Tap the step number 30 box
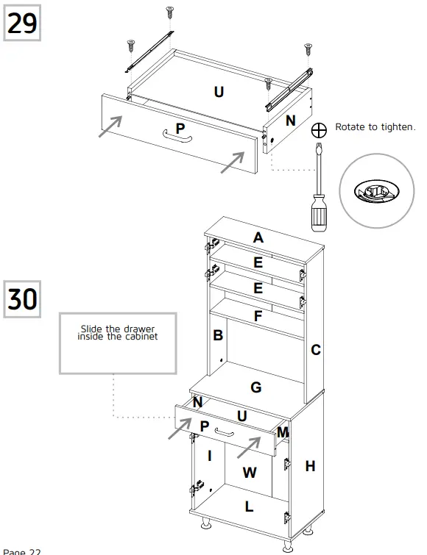tap(22, 298)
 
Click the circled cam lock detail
tap(375, 190)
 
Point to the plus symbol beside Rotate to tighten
tap(319, 129)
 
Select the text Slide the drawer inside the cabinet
tap(118, 332)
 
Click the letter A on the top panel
tap(258, 237)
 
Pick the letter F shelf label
tap(257, 316)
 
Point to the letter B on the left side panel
tap(218, 335)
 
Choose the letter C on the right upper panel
tap(315, 350)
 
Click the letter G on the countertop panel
tap(255, 387)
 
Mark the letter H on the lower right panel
tap(310, 465)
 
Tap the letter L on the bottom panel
tap(249, 506)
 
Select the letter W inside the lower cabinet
tap(250, 473)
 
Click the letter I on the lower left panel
tap(210, 456)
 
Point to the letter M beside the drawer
tap(282, 433)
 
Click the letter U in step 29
tap(219, 91)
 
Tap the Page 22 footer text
tap(22, 551)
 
